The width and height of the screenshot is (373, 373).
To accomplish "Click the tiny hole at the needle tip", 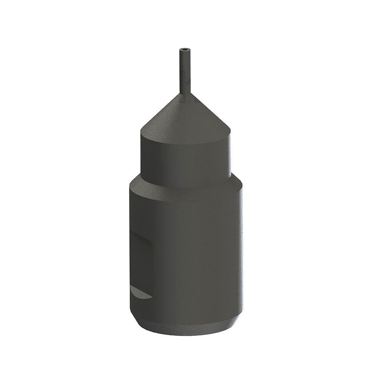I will coord(185,49).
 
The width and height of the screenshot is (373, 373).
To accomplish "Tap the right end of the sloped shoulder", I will coord(242,184).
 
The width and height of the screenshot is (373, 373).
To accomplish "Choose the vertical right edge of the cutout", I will coord(152,269).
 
